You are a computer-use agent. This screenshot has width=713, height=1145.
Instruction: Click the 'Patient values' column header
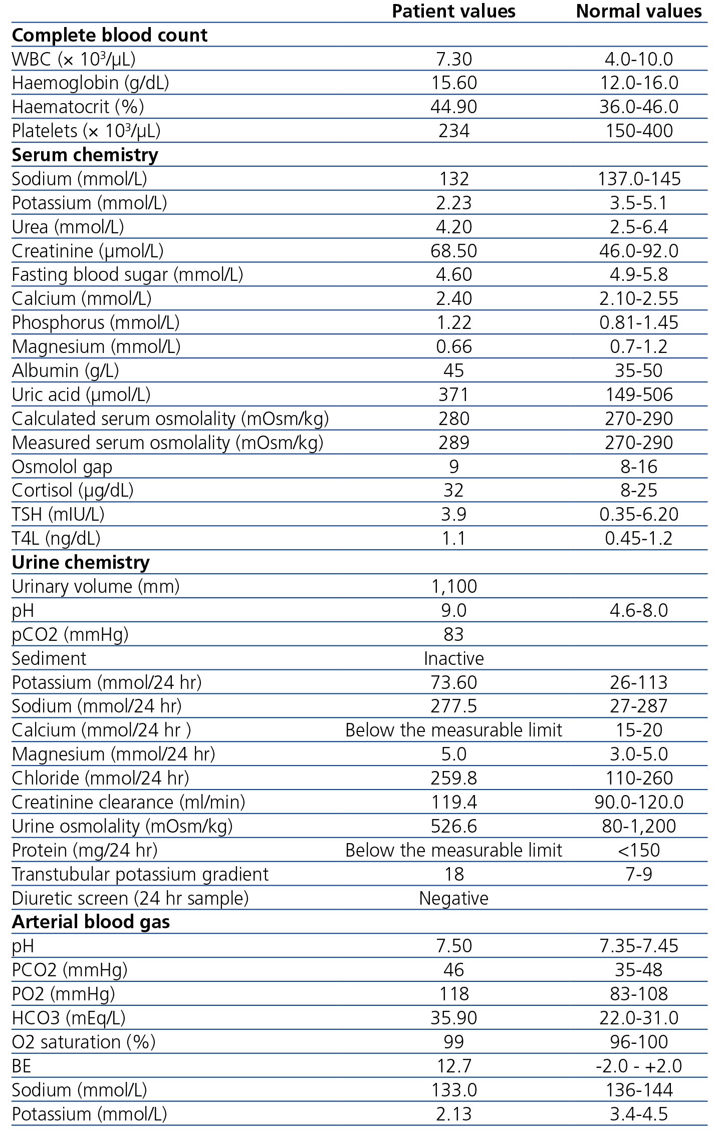coord(453,12)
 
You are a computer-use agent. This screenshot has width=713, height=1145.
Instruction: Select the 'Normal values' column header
coord(639,12)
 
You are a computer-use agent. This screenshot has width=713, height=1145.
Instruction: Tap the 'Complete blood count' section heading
coord(109,36)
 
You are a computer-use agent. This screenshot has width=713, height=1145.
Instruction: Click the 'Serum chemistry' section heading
coord(85,155)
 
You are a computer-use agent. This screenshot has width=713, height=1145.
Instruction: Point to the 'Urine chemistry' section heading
coord(81,563)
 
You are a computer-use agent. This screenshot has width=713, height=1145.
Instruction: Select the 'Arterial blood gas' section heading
coord(91,922)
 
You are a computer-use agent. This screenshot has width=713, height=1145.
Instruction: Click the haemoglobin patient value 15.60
coord(453,83)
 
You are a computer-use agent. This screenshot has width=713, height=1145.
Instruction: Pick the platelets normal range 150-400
coord(639,131)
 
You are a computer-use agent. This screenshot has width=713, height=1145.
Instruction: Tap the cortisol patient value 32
coord(453,491)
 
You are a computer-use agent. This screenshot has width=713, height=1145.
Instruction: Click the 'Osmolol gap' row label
coord(62,467)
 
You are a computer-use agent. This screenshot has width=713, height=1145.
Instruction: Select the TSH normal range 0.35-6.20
coord(639,515)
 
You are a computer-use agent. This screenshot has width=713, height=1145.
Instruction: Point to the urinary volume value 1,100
coord(453,586)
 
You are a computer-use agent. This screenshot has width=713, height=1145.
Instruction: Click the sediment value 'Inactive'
coord(453,658)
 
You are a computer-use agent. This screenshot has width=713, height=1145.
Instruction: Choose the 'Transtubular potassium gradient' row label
coord(140,874)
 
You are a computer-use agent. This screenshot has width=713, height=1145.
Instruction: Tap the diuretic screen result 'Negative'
coord(453,898)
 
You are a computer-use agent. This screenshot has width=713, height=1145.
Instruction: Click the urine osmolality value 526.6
coord(453,826)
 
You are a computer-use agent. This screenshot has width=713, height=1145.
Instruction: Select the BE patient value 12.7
coord(453,1066)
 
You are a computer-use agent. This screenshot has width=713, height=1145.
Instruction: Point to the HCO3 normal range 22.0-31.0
coord(639,1018)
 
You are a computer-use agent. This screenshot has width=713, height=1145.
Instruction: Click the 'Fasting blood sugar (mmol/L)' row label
coord(127,275)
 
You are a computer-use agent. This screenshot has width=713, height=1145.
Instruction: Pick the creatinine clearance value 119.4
coord(453,802)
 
